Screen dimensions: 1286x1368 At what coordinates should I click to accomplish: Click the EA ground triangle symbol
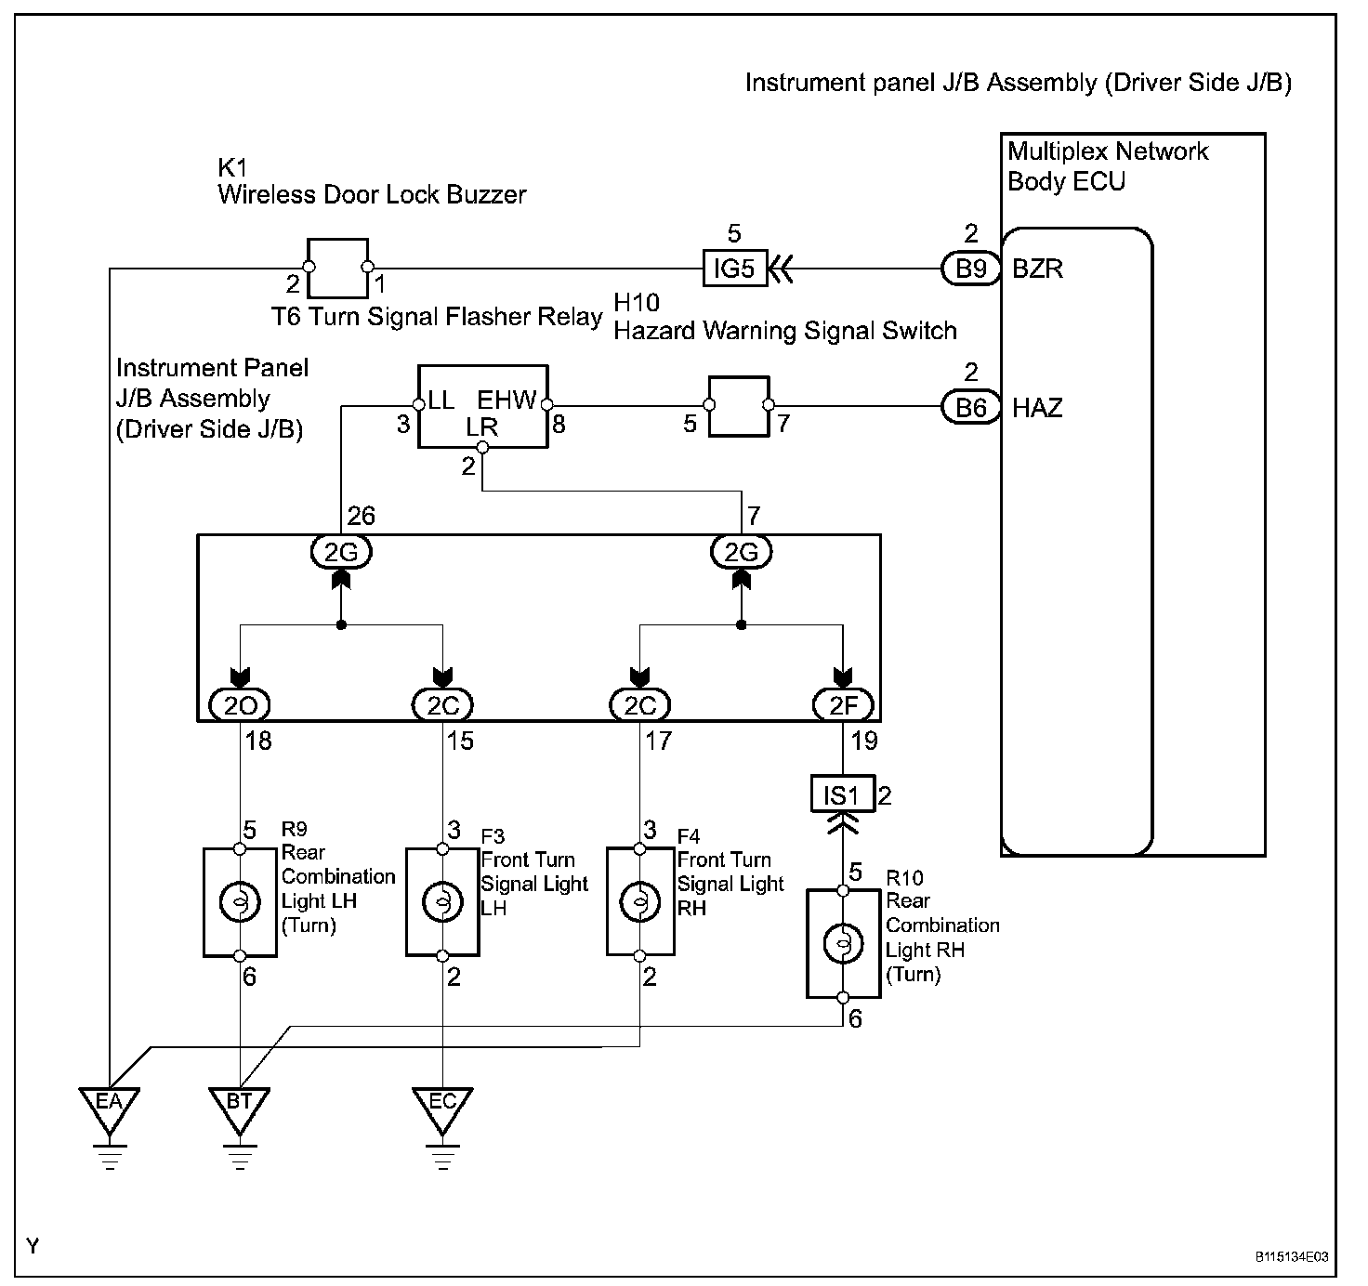[x=110, y=1106]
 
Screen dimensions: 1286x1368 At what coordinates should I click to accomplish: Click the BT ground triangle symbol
[x=240, y=1106]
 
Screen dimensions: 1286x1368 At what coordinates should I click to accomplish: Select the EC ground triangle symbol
[x=442, y=1106]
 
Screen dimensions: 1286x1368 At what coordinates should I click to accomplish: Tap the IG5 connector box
[x=732, y=269]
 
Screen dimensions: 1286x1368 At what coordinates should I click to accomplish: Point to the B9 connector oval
[x=971, y=269]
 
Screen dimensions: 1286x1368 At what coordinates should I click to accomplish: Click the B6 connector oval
[x=971, y=407]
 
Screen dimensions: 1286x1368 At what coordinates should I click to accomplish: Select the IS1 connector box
[x=842, y=795]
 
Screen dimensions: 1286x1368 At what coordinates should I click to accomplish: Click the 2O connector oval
[x=240, y=705]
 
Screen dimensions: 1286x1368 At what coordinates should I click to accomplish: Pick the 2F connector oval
[x=843, y=705]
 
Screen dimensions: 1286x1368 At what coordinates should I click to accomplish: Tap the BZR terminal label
[x=1037, y=269]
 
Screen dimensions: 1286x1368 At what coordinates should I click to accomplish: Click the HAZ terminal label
[x=1037, y=408]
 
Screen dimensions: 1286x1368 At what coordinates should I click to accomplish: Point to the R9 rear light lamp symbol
[x=240, y=901]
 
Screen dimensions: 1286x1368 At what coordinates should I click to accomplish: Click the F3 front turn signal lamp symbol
[x=442, y=901]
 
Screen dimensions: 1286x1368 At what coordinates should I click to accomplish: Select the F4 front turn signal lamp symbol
[x=639, y=901]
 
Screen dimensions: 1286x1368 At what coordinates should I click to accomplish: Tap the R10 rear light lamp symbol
[x=842, y=944]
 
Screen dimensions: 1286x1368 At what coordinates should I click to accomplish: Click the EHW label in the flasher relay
[x=506, y=400]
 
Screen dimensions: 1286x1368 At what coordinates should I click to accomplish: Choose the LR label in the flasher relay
[x=481, y=427]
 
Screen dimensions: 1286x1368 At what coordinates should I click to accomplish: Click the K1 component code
[x=231, y=167]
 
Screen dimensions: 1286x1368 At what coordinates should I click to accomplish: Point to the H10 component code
[x=638, y=302]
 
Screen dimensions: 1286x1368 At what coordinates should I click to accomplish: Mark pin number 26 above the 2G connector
[x=361, y=516]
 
